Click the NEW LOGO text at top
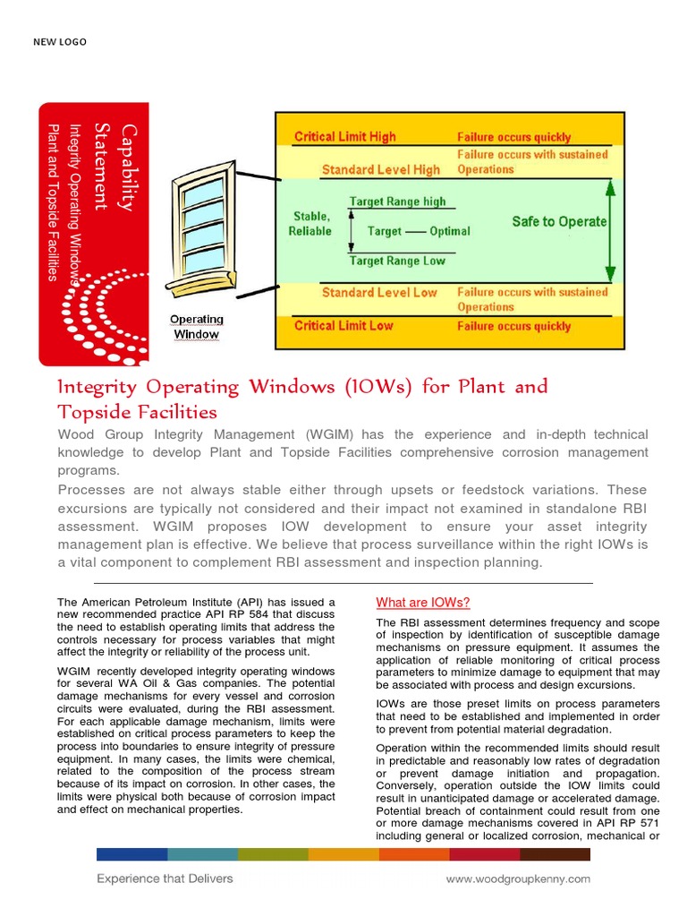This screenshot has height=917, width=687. [60, 42]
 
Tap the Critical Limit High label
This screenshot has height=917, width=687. [344, 137]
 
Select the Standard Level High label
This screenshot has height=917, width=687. [381, 169]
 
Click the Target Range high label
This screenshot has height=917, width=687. [397, 201]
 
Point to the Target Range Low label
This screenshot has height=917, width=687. [397, 261]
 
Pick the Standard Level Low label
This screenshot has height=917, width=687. [379, 292]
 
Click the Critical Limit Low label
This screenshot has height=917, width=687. [343, 325]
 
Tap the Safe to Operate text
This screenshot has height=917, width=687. [559, 221]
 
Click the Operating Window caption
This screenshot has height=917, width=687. [196, 327]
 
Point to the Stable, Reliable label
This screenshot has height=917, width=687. [310, 224]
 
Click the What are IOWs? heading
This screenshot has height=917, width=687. [422, 602]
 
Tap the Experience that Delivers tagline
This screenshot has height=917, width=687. [165, 878]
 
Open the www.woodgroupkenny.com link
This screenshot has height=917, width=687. [518, 879]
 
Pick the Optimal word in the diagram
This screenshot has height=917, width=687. [449, 231]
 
